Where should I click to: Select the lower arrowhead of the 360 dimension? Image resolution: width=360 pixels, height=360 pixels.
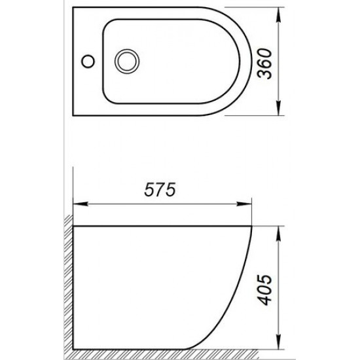(280, 113)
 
